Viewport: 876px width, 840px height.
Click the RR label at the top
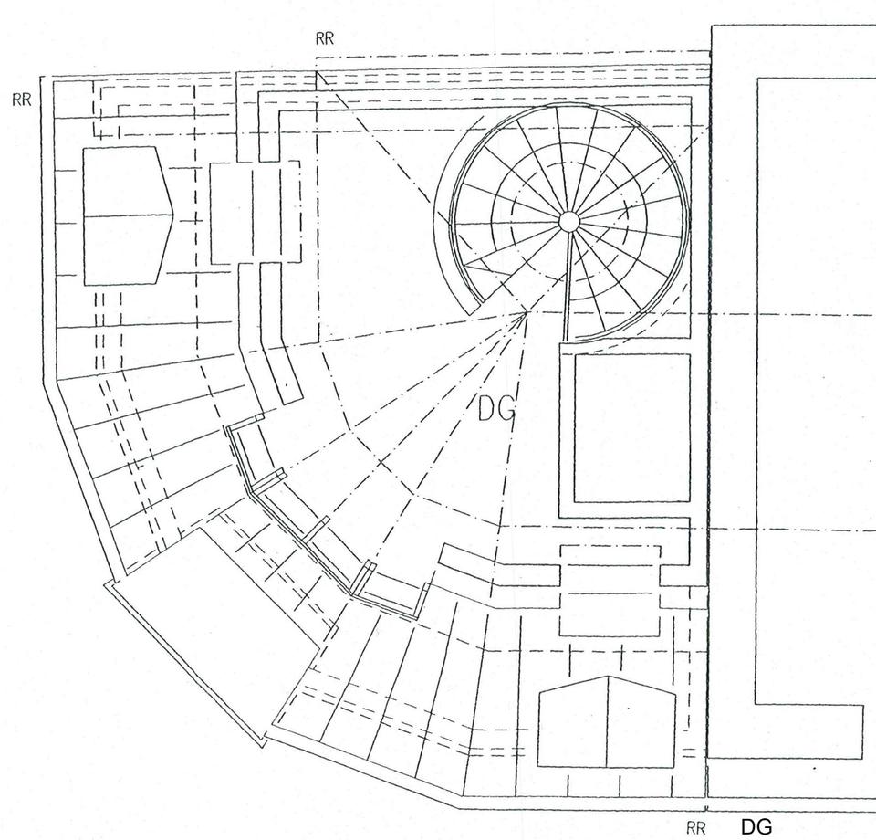coord(324,38)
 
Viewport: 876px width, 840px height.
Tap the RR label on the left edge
coord(22,100)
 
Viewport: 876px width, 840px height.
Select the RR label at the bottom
coord(696,828)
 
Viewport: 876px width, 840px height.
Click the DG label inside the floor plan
coord(496,412)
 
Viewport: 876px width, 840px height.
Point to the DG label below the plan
coord(756,827)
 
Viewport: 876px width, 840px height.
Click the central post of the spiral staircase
coord(568,221)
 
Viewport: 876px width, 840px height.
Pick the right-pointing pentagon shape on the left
coord(126,215)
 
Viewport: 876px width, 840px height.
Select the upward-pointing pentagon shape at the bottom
coord(607,722)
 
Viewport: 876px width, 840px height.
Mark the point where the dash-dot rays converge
coord(527,313)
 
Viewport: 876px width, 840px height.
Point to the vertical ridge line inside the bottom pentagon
coord(608,721)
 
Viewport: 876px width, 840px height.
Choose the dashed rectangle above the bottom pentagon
coord(609,591)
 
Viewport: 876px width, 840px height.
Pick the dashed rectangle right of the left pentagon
coord(255,212)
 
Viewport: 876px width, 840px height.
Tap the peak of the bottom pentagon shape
coord(608,677)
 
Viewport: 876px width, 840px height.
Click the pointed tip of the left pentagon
coord(172,215)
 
